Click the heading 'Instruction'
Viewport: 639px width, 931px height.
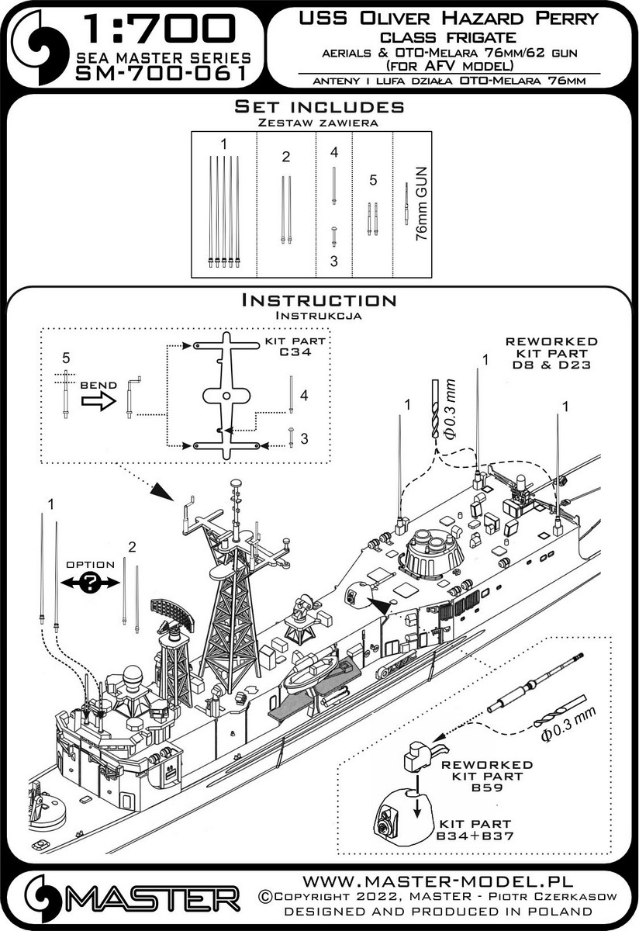tap(319, 300)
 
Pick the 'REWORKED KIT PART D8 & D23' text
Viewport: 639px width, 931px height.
tap(551, 352)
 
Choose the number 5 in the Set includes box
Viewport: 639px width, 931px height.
tap(372, 180)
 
